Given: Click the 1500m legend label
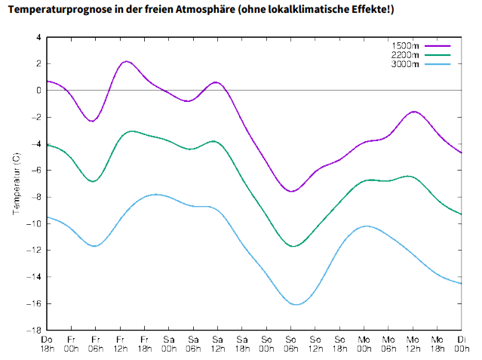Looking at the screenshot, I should click(x=406, y=46).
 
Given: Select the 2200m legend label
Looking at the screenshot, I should click(x=406, y=55).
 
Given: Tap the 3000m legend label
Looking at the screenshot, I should click(x=406, y=64).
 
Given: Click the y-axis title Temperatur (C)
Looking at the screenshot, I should click(x=17, y=183).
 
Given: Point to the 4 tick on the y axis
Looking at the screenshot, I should click(x=38, y=37).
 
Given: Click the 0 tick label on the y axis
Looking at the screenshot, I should click(x=38, y=90).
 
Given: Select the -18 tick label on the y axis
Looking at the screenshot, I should click(x=35, y=331).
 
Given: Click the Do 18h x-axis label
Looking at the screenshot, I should click(x=47, y=345).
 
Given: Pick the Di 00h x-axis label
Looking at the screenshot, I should click(x=461, y=345).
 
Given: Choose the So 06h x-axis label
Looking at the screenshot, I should click(x=291, y=345).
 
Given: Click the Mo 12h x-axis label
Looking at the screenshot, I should click(x=413, y=345).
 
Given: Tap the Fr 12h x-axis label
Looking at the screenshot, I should click(x=120, y=345).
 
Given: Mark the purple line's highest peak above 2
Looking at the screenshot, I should click(x=126, y=61).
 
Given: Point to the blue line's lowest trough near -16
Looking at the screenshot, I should click(x=296, y=304).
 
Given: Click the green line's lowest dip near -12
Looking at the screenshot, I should click(x=294, y=246).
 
